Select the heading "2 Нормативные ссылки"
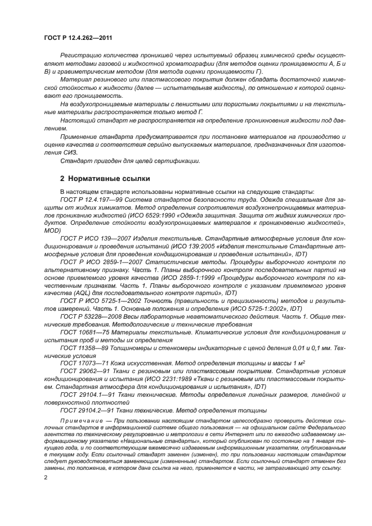click(x=105, y=179)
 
